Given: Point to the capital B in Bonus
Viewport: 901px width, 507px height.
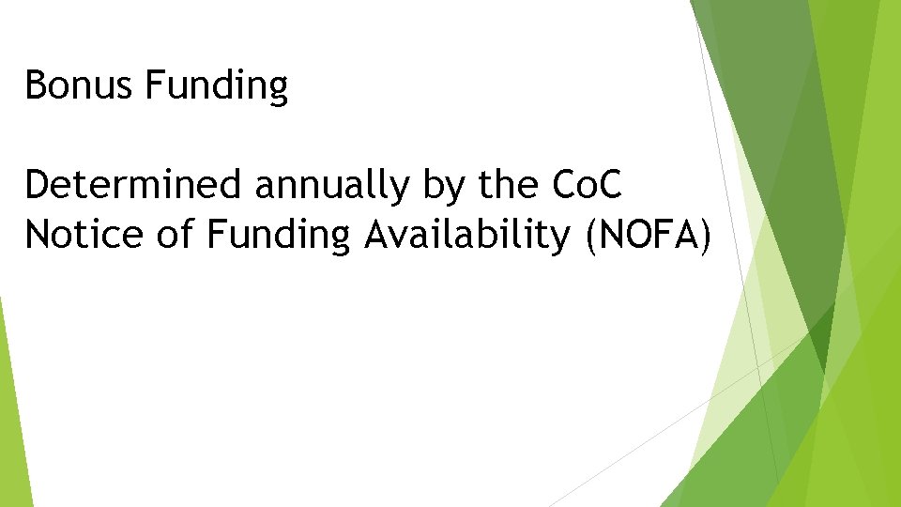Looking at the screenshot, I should coord(36,86).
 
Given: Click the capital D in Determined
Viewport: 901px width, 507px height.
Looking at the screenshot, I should coord(38,186).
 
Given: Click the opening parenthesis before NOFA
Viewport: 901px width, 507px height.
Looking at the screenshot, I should coord(590,237).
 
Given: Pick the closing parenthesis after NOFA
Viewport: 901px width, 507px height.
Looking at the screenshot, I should coord(704,237).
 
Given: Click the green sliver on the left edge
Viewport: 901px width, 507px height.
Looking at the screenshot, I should coord(11,413).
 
